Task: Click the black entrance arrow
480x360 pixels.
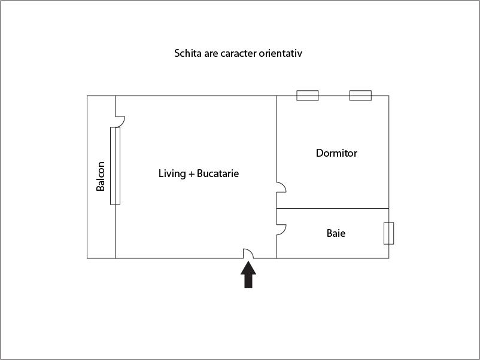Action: [248, 276]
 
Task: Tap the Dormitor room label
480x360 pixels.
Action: [336, 153]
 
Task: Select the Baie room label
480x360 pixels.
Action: [336, 233]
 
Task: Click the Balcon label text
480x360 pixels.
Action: [101, 176]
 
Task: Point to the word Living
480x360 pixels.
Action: [172, 174]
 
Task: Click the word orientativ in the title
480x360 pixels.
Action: [281, 53]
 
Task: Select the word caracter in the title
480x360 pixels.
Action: [236, 53]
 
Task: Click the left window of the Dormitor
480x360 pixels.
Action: [308, 96]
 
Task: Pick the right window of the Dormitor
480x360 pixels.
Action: [360, 96]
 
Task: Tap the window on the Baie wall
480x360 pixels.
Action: [388, 233]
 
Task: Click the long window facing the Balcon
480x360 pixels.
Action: [115, 166]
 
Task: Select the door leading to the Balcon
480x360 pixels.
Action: [119, 121]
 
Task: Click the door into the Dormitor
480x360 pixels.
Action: [281, 187]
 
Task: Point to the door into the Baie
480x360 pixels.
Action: [281, 229]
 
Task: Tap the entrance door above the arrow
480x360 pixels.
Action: [248, 254]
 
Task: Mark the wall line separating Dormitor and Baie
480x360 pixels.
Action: [332, 208]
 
